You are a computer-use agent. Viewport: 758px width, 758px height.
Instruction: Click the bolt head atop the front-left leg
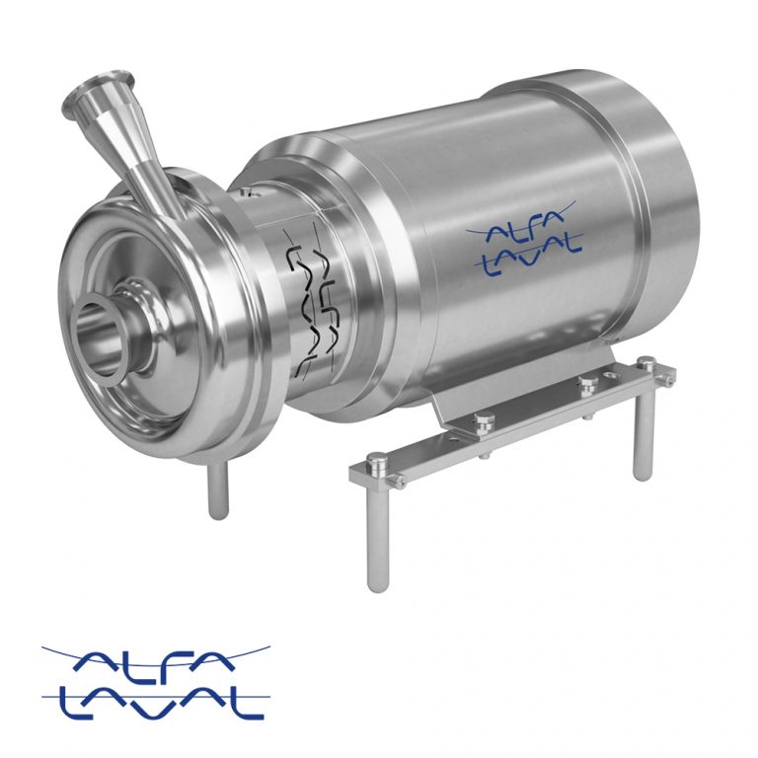coord(376,460)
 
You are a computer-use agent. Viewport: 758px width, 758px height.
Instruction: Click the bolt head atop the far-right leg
coord(646,364)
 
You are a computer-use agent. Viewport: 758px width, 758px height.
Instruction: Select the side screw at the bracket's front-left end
coord(399,481)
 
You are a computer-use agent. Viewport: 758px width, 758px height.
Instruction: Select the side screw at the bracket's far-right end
coord(670,377)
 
